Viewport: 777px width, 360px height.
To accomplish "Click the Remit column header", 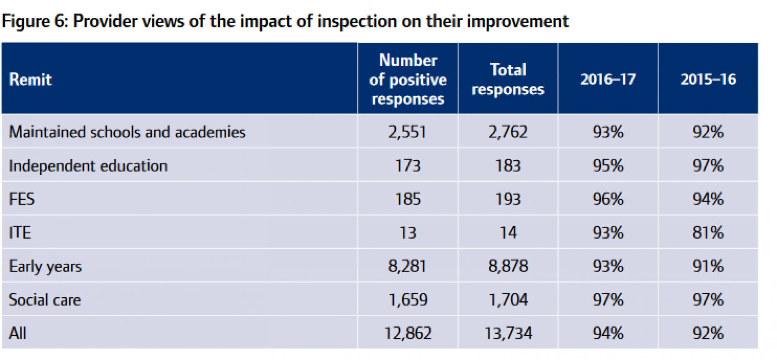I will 31,79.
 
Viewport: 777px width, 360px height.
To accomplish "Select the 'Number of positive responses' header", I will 408,79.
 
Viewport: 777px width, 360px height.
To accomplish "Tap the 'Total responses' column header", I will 508,79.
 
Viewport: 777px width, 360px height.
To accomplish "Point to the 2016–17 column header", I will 608,79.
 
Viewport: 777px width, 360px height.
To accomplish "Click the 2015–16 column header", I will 708,79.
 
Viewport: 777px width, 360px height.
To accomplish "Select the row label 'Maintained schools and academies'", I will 127,132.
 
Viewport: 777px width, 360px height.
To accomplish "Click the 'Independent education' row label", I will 88,166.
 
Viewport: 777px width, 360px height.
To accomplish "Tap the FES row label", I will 22,199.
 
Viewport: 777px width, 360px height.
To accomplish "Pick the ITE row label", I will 20,233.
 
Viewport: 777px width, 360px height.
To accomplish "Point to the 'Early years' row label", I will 45,267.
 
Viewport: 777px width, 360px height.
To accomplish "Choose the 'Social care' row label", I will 45,300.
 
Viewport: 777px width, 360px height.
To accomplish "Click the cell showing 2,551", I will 407,132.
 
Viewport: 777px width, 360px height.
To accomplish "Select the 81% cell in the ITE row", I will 708,233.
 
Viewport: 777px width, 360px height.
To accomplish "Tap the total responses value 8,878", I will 508,267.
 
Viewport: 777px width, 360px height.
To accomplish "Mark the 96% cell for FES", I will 608,199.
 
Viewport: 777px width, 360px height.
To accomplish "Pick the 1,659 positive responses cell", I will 408,300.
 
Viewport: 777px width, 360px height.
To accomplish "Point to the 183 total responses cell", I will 508,166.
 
